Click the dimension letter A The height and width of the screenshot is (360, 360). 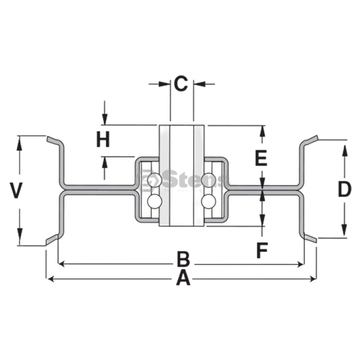(183, 278)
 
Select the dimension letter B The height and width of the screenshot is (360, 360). (184, 260)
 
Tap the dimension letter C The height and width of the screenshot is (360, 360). (181, 83)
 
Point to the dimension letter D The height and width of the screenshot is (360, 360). (345, 189)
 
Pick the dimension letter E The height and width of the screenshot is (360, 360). (261, 157)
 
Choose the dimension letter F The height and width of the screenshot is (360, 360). (262, 250)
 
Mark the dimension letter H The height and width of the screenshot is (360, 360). (103, 139)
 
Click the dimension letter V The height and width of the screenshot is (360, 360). (16, 190)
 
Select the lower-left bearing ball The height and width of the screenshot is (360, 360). (155, 201)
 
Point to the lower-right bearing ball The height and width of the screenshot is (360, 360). (209, 201)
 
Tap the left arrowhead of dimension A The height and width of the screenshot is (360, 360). (50, 279)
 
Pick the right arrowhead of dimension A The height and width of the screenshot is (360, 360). (313, 279)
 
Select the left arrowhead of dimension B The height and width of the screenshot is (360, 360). (61, 264)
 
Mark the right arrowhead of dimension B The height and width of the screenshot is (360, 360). (301, 264)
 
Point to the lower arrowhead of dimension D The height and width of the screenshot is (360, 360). (345, 230)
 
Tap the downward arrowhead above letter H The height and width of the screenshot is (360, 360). (105, 119)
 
